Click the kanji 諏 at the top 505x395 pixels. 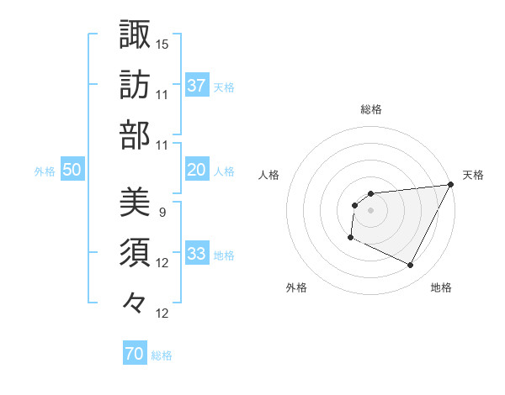pyautogui.click(x=135, y=34)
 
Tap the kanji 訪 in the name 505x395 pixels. pyautogui.click(x=135, y=85)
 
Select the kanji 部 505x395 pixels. pyautogui.click(x=135, y=134)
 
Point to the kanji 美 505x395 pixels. pyautogui.click(x=135, y=203)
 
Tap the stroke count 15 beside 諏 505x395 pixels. pyautogui.click(x=163, y=43)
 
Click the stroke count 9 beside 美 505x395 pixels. pyautogui.click(x=162, y=212)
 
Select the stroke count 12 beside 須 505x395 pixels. pyautogui.click(x=163, y=263)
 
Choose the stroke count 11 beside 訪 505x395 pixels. pyautogui.click(x=163, y=94)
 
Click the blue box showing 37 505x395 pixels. pyautogui.click(x=196, y=85)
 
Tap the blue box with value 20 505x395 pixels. pyautogui.click(x=196, y=170)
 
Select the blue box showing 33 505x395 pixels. pyautogui.click(x=196, y=255)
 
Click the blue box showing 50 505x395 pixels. pyautogui.click(x=72, y=170)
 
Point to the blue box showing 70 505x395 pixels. pyautogui.click(x=134, y=355)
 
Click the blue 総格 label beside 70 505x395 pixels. pyautogui.click(x=162, y=355)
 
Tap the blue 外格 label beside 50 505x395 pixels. pyautogui.click(x=45, y=171)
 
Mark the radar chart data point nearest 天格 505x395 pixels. pyautogui.click(x=451, y=185)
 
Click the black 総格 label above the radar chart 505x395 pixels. pyautogui.click(x=370, y=109)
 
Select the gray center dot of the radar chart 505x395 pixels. pyautogui.click(x=370, y=210)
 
